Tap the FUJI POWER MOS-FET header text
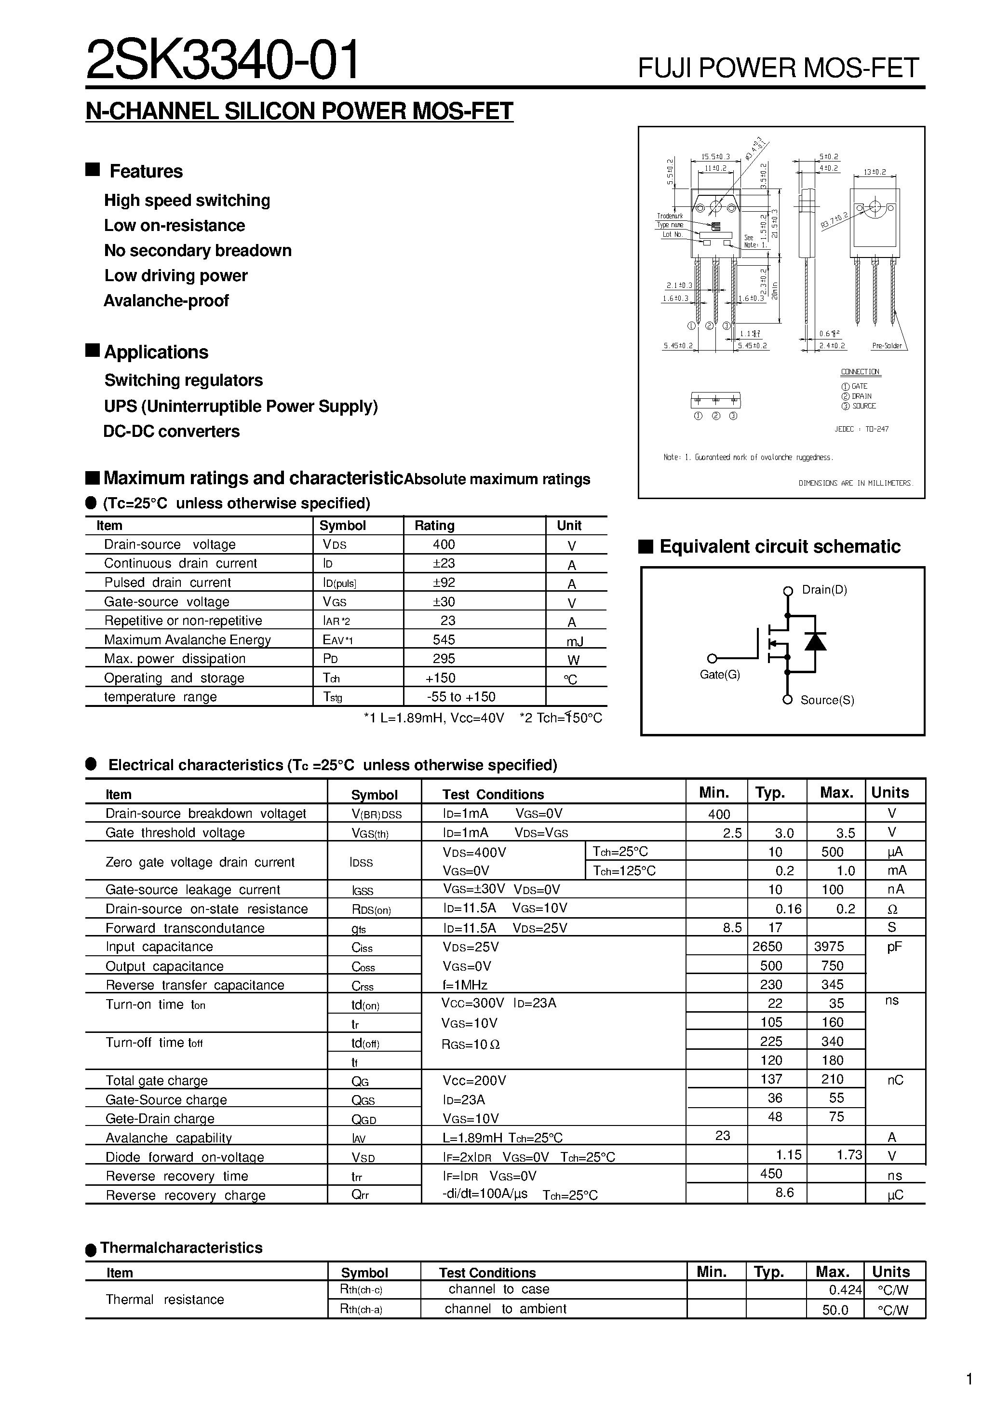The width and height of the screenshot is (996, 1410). (778, 68)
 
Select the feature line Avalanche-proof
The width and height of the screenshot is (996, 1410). (166, 301)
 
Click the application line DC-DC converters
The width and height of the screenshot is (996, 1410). (171, 432)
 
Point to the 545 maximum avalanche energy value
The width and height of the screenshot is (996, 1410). (444, 640)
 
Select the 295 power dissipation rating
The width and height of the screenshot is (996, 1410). (444, 659)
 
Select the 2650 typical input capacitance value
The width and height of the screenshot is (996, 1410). (767, 947)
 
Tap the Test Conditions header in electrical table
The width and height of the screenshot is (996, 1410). (493, 795)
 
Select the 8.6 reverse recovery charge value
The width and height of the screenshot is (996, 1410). (784, 1193)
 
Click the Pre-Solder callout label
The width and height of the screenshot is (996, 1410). (887, 346)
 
